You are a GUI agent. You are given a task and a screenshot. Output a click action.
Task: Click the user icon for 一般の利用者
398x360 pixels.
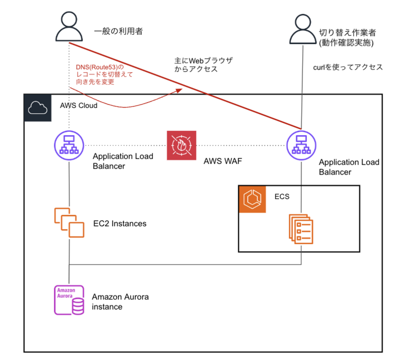point(69,27)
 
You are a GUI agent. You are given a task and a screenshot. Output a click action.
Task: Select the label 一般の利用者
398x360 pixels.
point(118,31)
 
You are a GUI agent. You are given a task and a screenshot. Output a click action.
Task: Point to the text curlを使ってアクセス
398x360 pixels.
point(348,67)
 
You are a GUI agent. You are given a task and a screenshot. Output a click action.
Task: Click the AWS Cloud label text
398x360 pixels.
point(79,106)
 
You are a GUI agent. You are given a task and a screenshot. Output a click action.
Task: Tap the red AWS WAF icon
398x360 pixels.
point(182,145)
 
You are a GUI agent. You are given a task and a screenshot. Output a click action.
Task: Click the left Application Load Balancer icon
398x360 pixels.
point(69,146)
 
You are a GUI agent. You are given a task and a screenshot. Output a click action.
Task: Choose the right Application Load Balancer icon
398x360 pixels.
point(301,146)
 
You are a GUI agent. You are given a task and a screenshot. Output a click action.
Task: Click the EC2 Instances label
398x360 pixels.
point(120,224)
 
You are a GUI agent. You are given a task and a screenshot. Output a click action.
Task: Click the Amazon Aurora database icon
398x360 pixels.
point(69,299)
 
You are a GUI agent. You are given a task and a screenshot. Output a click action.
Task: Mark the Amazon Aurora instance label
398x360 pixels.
point(120,302)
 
